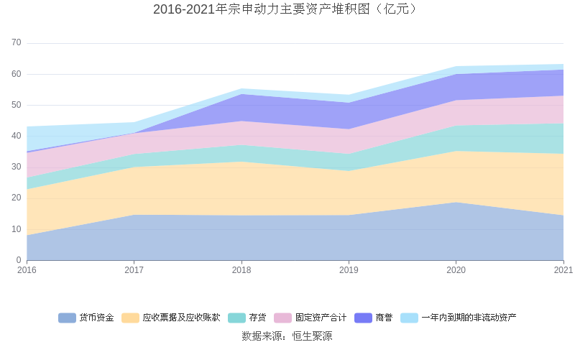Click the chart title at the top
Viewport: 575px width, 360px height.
click(x=287, y=9)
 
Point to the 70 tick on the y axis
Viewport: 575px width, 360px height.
click(x=17, y=43)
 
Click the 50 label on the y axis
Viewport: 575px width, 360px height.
click(x=17, y=105)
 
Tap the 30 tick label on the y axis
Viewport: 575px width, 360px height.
click(x=17, y=167)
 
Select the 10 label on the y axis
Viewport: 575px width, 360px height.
click(x=17, y=229)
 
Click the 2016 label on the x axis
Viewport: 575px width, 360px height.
click(x=27, y=270)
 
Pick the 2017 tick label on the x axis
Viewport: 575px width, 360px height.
click(x=134, y=270)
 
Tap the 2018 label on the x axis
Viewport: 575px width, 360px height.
click(x=241, y=270)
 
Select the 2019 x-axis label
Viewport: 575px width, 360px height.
click(x=349, y=270)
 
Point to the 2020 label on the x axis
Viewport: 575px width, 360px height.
click(x=456, y=270)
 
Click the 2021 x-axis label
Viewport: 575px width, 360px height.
click(x=563, y=270)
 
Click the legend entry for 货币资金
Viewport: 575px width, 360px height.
click(x=86, y=318)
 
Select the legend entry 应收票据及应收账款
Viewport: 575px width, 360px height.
click(x=171, y=318)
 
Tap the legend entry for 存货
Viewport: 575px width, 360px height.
click(x=247, y=318)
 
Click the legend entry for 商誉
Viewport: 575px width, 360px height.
click(x=374, y=318)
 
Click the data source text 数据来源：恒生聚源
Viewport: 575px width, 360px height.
click(x=287, y=336)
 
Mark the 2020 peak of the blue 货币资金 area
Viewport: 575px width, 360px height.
click(x=456, y=203)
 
